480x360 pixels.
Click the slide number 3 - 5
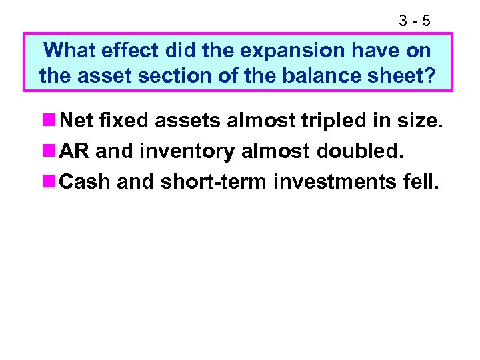coord(415,21)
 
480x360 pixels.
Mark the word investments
coord(336,181)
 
